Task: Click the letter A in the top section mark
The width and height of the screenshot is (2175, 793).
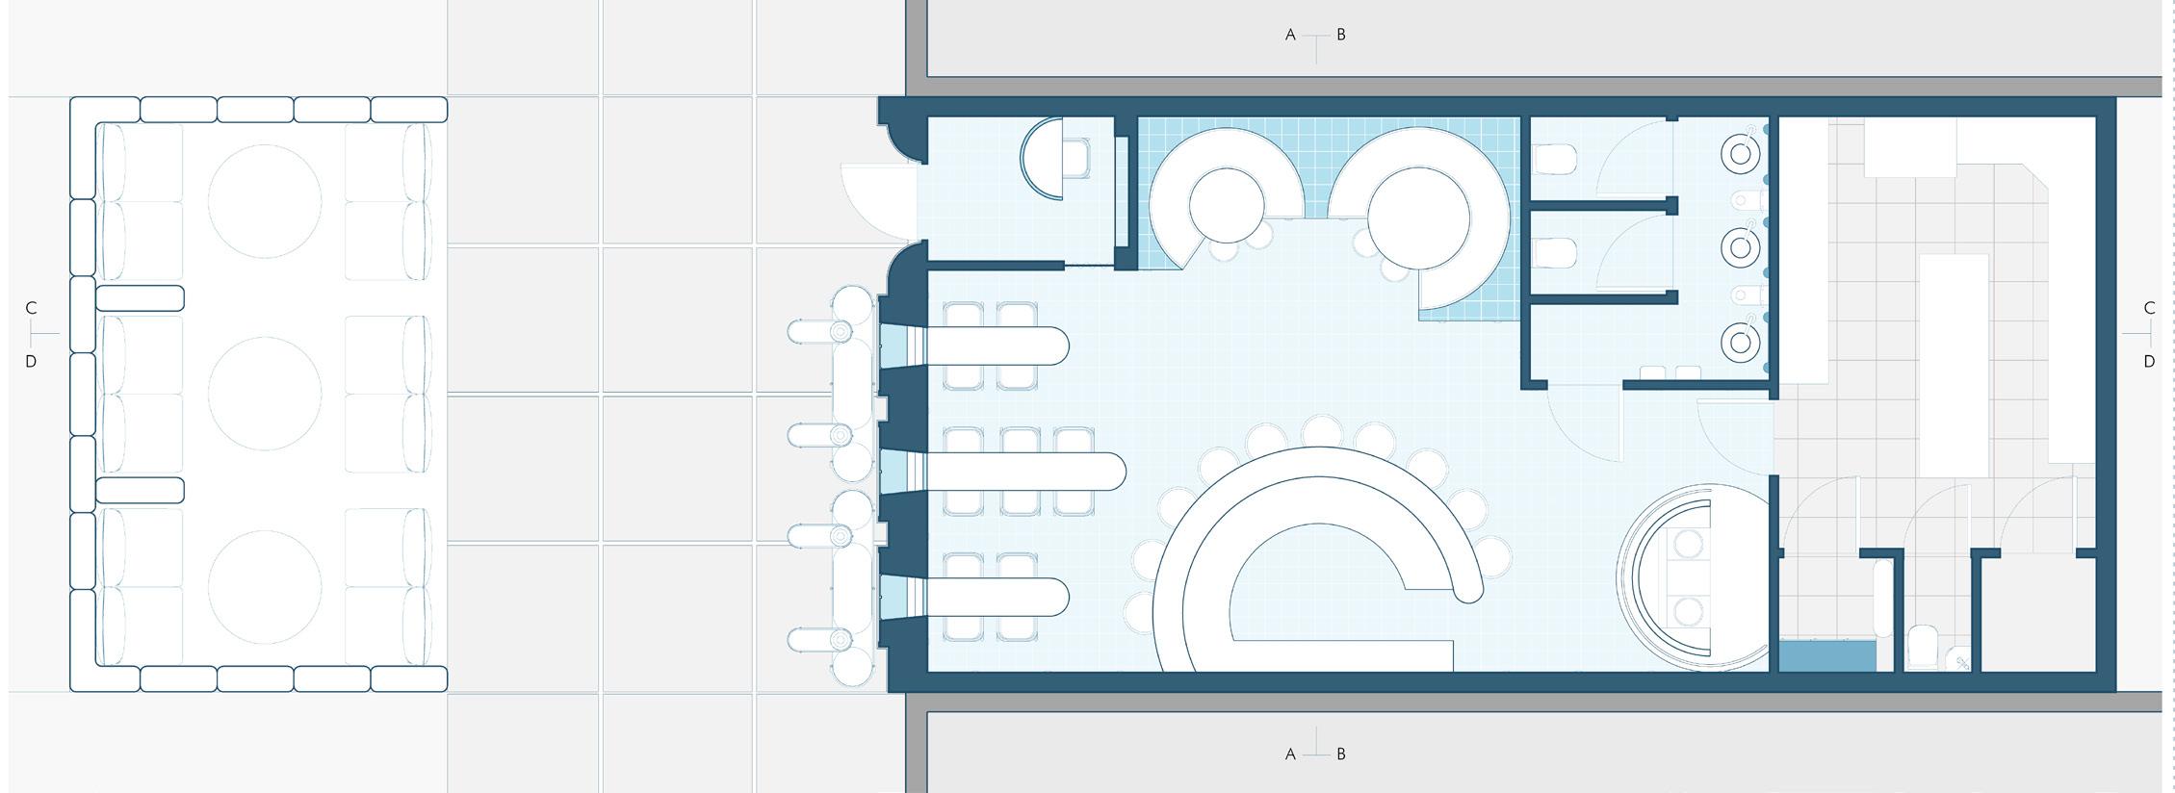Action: click(1290, 36)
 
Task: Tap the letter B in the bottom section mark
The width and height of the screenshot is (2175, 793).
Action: click(1341, 755)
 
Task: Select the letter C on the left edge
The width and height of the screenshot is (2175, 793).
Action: click(31, 308)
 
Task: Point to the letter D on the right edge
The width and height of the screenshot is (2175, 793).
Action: click(2149, 362)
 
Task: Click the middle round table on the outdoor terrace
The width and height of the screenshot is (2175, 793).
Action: click(265, 394)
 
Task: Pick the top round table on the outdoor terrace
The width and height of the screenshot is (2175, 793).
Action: click(265, 201)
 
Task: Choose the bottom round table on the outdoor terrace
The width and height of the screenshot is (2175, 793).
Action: click(265, 586)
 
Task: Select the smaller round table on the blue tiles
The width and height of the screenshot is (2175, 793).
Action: click(1226, 205)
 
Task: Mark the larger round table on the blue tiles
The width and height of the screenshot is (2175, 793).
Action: click(1418, 217)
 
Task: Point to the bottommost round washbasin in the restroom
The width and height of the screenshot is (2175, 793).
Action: click(1740, 342)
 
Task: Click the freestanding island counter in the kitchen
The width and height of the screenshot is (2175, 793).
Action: click(1955, 366)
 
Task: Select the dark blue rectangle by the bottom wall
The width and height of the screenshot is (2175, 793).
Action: click(1826, 656)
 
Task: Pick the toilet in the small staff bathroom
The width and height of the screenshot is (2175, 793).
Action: click(1922, 647)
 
